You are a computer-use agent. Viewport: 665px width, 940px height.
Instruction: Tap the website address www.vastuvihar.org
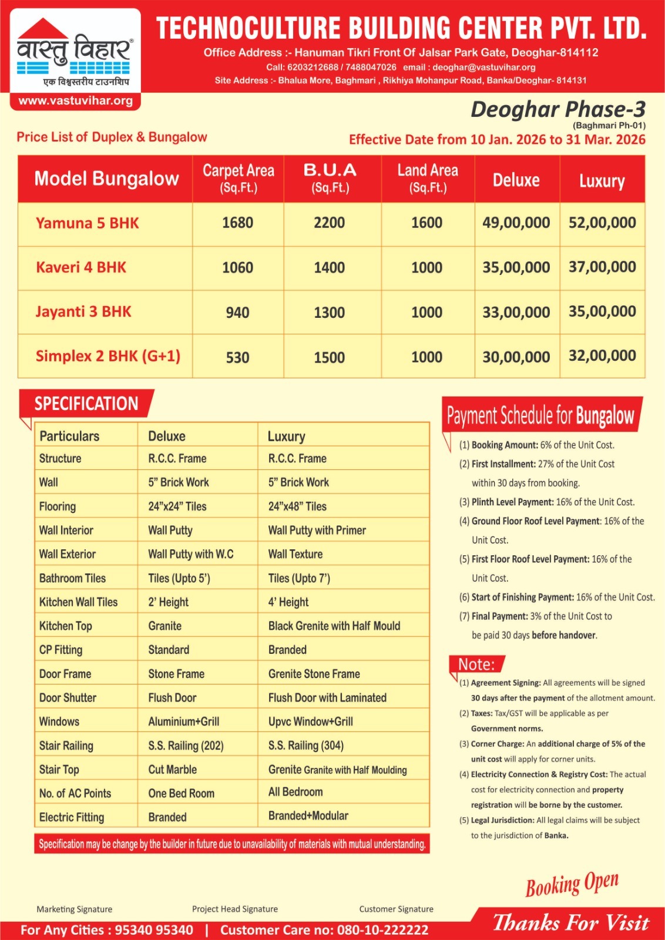75,100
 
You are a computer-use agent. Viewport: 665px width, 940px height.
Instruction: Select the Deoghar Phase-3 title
557,109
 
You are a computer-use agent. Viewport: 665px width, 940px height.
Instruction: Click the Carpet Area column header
238,178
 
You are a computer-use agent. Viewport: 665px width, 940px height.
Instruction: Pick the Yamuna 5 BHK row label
88,223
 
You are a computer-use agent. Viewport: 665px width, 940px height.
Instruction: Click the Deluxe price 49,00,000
516,223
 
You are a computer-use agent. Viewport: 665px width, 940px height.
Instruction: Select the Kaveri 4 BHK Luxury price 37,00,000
602,267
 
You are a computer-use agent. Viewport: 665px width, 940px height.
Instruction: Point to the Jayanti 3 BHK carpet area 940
237,313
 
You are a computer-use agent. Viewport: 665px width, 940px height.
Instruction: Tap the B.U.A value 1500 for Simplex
329,357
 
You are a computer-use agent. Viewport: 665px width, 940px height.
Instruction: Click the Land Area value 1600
426,223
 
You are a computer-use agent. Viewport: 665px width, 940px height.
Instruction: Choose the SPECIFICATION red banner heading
86,404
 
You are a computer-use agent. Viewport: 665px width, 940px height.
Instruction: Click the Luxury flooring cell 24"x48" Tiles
297,506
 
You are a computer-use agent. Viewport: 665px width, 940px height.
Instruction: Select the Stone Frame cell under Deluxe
176,674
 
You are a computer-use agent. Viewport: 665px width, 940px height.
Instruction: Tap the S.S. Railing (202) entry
186,746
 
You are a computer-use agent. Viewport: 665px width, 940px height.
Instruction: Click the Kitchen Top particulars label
66,626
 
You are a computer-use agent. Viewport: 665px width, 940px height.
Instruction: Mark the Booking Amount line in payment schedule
536,445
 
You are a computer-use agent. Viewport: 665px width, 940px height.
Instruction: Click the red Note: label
476,664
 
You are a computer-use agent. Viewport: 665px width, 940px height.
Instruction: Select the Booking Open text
572,884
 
